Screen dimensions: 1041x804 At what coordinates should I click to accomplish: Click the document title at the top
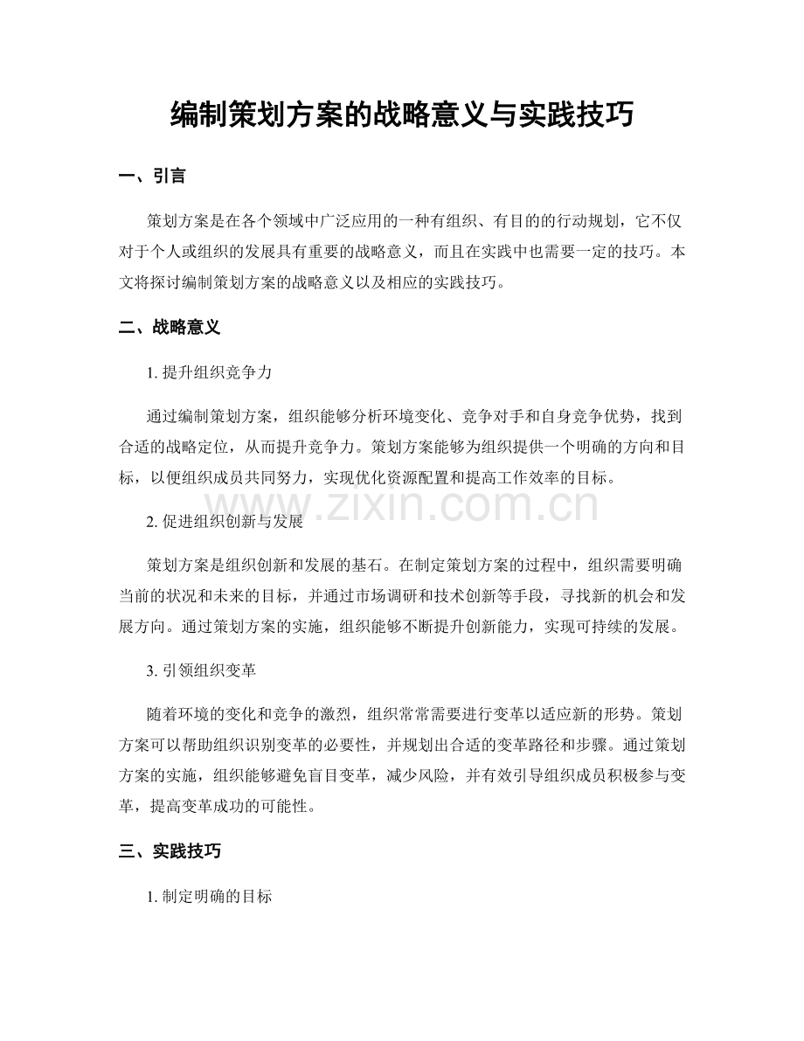click(401, 114)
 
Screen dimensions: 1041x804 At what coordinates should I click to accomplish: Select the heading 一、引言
click(152, 177)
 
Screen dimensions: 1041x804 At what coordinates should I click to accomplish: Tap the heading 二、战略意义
click(170, 328)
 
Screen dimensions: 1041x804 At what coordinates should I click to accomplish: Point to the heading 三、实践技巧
click(170, 851)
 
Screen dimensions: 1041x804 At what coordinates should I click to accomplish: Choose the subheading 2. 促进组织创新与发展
click(226, 522)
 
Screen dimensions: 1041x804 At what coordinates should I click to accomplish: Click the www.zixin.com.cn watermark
click(402, 506)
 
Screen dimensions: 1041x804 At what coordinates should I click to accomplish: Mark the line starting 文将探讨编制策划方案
click(311, 283)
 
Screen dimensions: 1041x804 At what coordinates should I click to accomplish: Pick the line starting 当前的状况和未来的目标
click(401, 596)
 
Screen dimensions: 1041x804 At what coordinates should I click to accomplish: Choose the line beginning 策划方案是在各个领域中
click(416, 220)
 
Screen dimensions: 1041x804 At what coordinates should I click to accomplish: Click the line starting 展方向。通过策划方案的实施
click(401, 628)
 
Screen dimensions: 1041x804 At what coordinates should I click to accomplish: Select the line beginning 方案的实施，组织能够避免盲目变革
click(401, 776)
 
